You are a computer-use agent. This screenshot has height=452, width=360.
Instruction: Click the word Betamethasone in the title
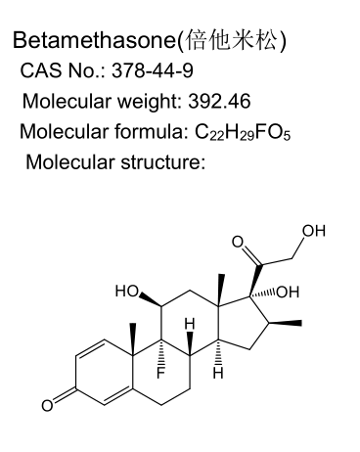pos(94,40)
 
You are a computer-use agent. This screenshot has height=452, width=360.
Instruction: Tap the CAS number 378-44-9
pos(153,70)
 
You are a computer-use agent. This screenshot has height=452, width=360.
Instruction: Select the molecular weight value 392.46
pos(219,101)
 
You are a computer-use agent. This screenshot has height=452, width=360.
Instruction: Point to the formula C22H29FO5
pos(243,132)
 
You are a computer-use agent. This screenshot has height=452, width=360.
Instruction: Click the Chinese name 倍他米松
pos(231,40)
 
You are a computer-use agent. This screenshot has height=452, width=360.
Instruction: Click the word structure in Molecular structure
pos(163,162)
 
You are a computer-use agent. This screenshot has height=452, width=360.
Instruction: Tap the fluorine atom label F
pos(160,373)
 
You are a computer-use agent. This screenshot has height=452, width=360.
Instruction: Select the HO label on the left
pos(126,291)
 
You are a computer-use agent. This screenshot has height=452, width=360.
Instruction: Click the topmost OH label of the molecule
pos(314,231)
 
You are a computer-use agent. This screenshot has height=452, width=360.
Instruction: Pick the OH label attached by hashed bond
pos(288,292)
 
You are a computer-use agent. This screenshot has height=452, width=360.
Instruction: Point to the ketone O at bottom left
pos(47,405)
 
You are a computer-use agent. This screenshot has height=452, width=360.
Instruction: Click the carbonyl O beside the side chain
pos(238,242)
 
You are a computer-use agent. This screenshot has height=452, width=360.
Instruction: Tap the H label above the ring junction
pos(190,324)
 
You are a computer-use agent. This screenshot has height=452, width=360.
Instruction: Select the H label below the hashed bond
pos(218,373)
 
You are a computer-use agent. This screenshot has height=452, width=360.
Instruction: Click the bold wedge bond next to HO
pos(151,299)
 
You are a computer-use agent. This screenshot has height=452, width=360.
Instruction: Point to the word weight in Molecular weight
pos(149,102)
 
